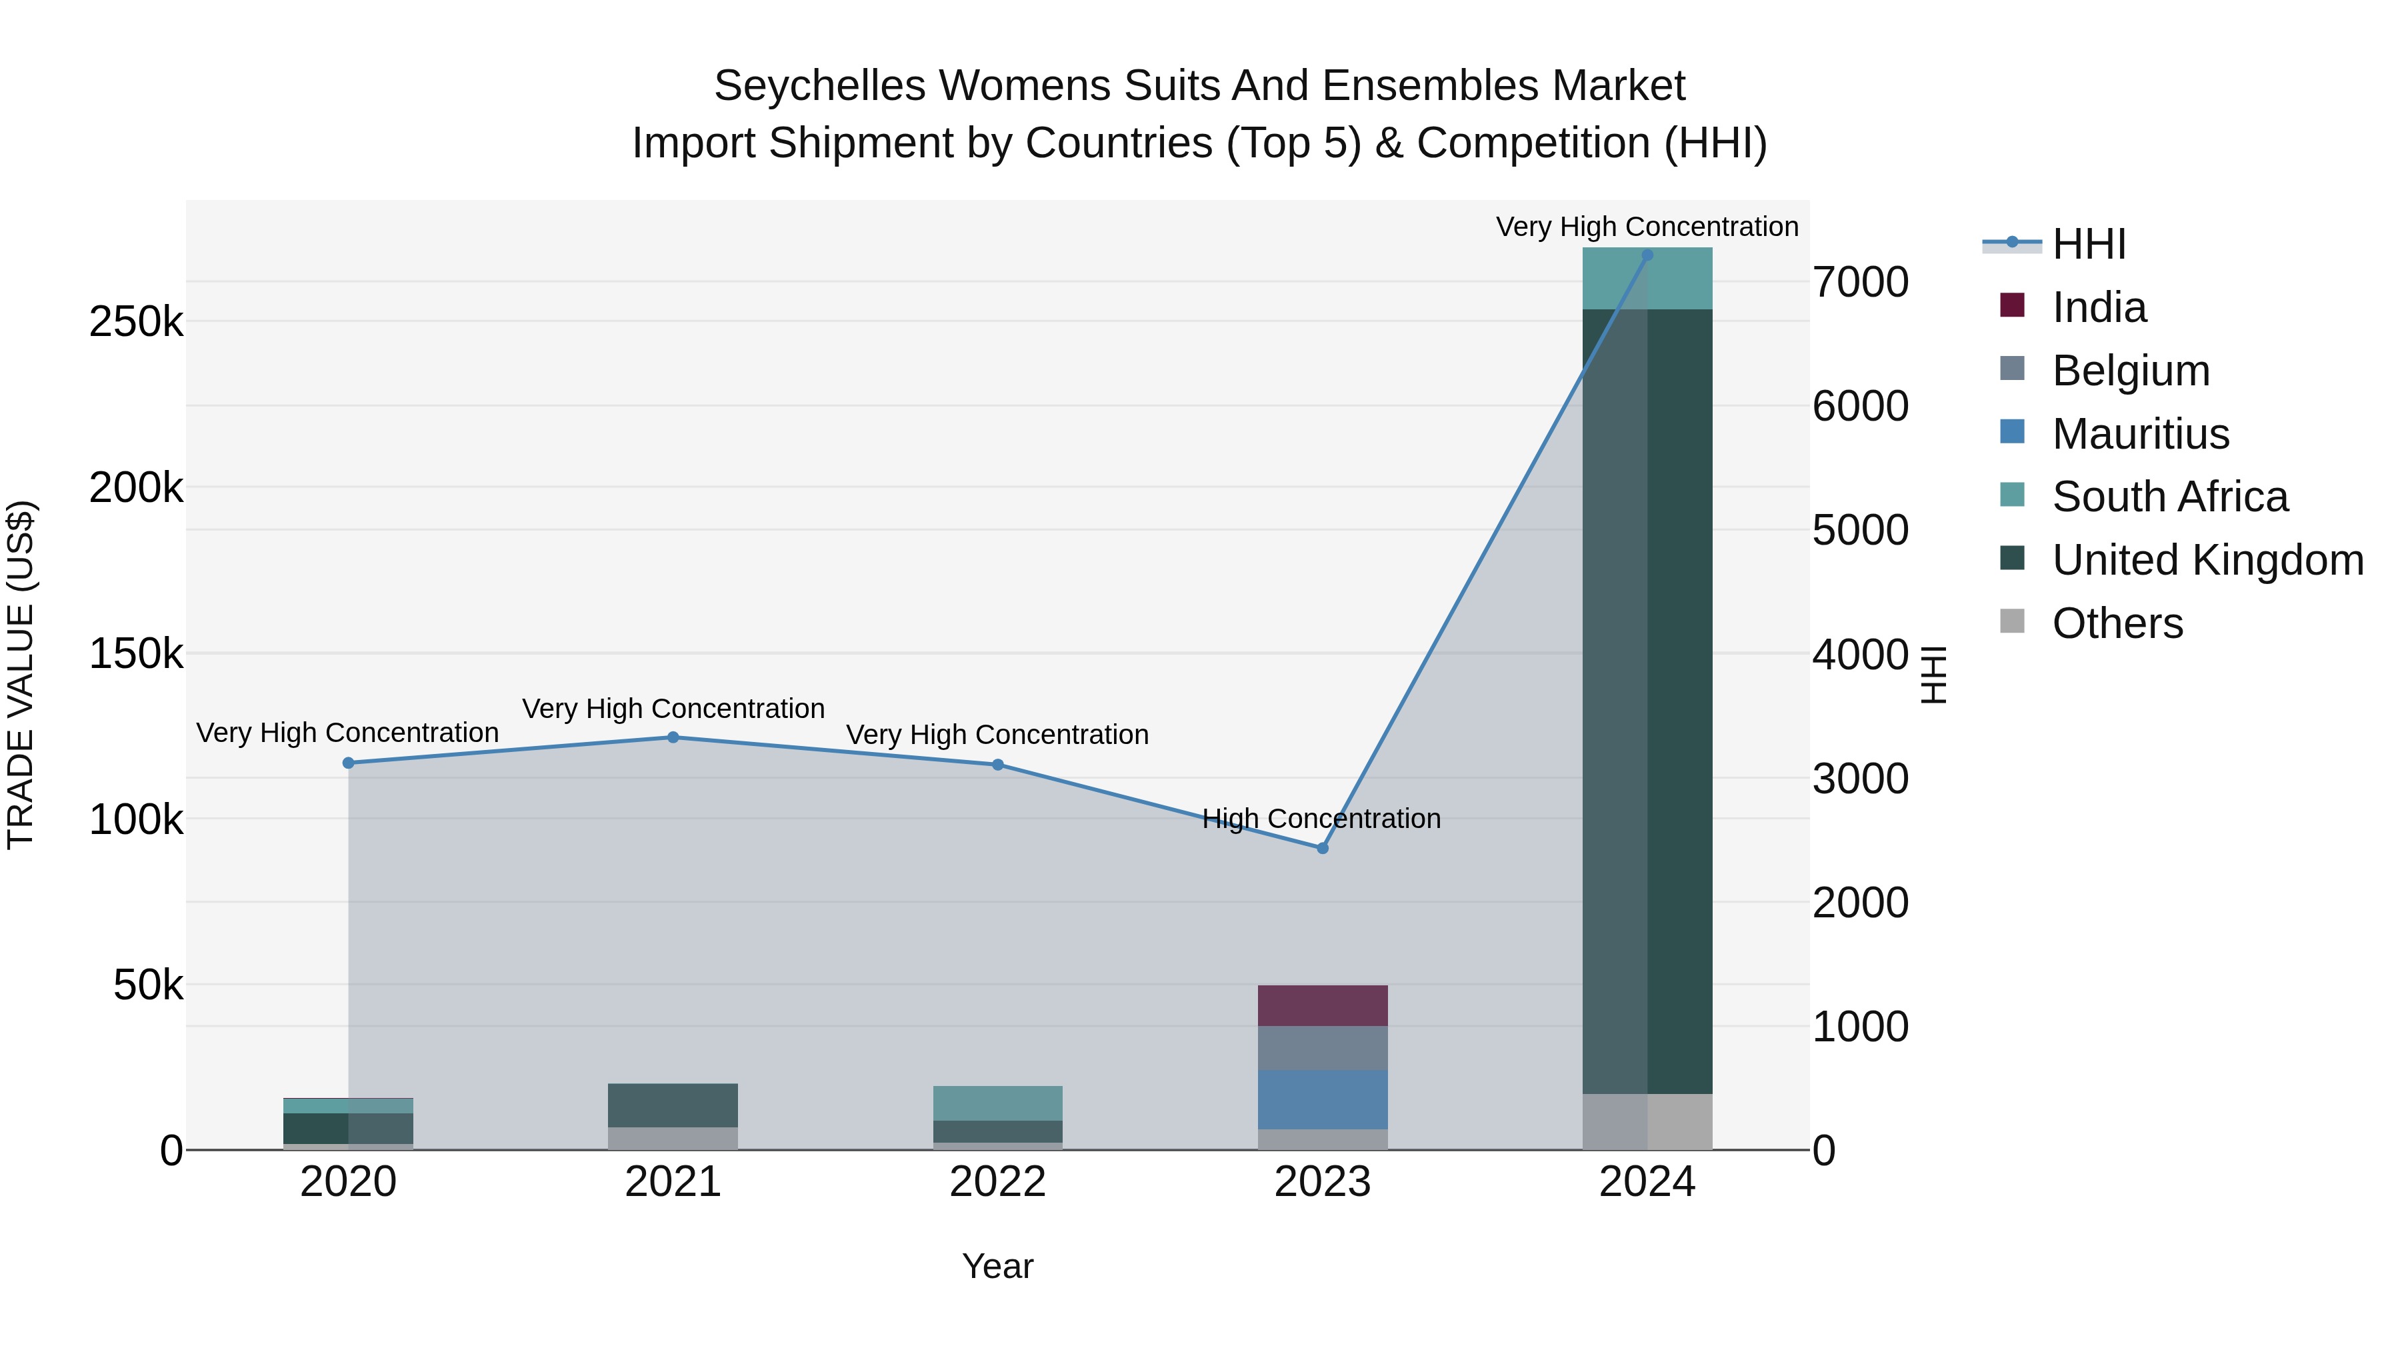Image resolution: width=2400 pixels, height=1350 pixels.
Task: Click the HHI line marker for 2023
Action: point(1322,848)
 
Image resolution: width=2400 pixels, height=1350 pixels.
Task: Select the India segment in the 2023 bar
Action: point(1322,1005)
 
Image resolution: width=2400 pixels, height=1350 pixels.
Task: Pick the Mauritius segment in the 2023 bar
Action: point(1322,1099)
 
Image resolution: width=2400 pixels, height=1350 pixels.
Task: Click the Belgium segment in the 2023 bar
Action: point(1322,1048)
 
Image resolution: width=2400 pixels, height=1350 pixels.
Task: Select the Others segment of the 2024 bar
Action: point(1647,1122)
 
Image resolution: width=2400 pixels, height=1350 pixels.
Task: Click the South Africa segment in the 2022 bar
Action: point(998,1103)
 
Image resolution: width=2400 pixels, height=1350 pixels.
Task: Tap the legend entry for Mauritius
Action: point(2140,434)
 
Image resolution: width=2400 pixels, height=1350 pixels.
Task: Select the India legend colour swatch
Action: point(2013,305)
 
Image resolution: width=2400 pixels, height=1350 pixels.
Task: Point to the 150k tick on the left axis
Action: point(136,654)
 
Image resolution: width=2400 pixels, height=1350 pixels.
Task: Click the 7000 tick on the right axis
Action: point(1859,282)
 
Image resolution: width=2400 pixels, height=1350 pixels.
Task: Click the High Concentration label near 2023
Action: point(1321,819)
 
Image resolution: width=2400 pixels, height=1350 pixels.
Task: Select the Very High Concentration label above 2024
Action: point(1647,227)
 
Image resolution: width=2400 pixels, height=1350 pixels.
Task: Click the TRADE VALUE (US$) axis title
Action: point(21,675)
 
